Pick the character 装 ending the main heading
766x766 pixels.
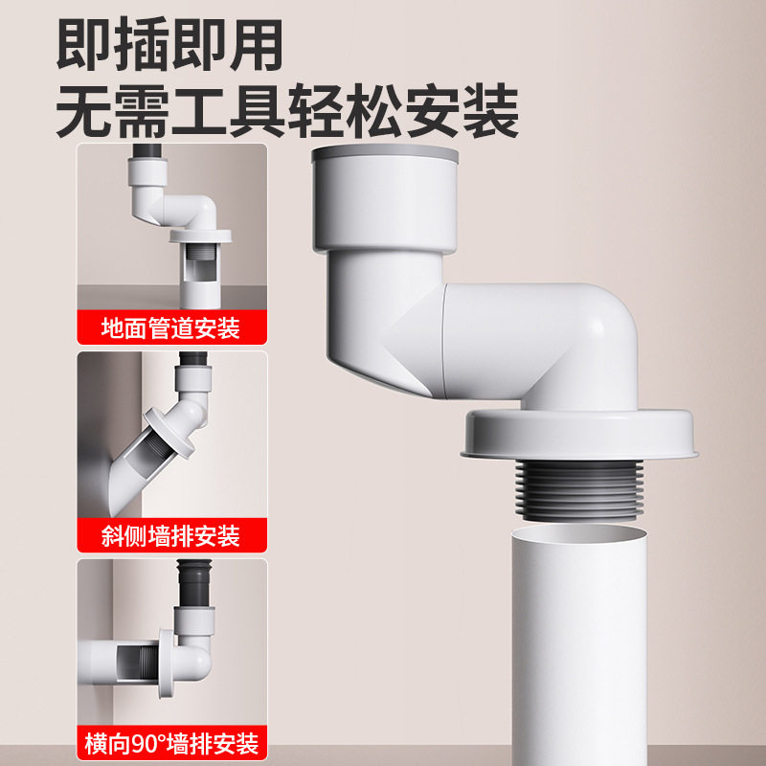[492, 112]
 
